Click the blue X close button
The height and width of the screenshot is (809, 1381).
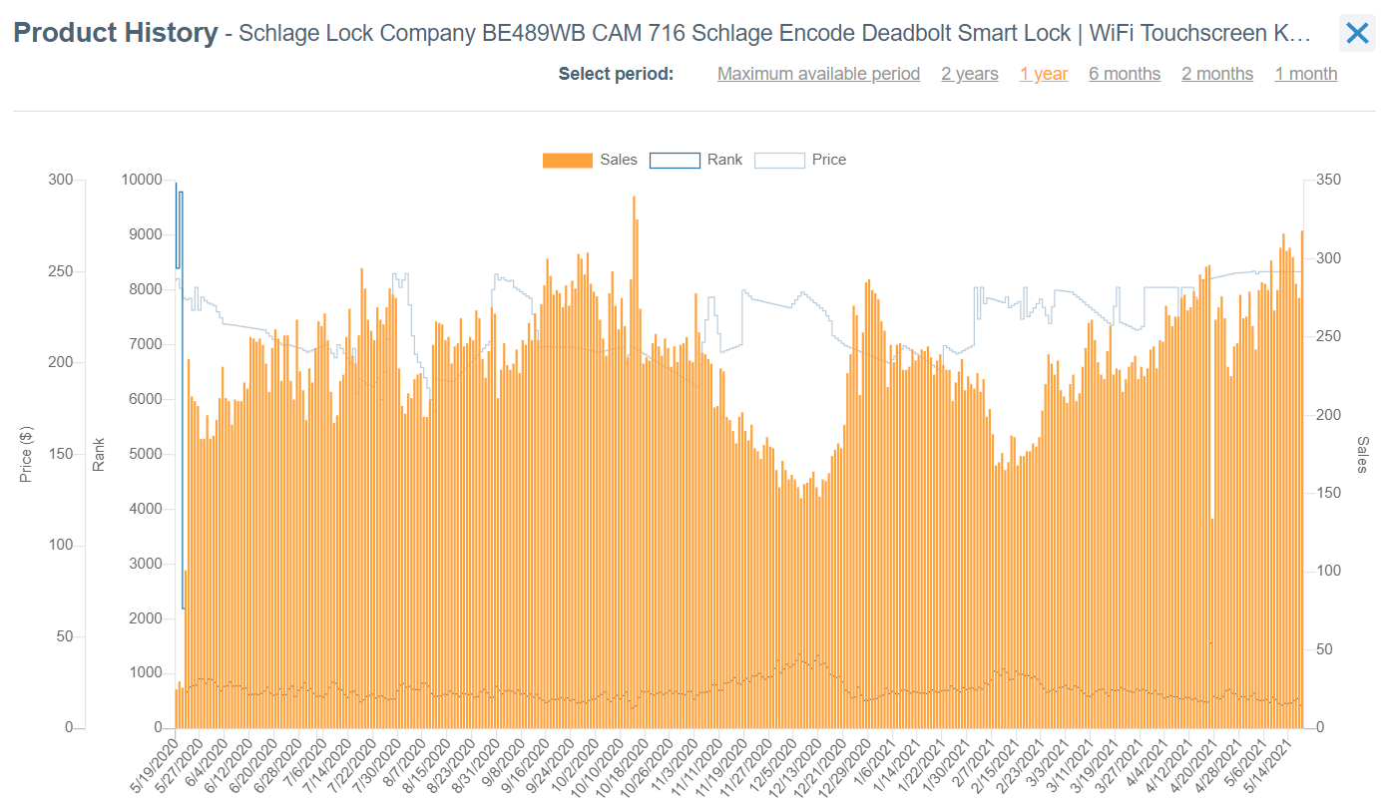coord(1357,34)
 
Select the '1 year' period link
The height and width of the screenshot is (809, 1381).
coord(1044,74)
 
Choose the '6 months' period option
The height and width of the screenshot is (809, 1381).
coord(1125,74)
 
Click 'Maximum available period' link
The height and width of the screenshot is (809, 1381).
coord(818,74)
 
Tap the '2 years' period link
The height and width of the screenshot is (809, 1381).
coord(969,74)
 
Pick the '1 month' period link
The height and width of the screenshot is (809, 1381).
coord(1305,74)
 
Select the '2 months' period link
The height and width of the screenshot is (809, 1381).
coord(1217,74)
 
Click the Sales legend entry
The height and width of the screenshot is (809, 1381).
coord(590,160)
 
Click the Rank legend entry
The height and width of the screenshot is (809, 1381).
coord(696,160)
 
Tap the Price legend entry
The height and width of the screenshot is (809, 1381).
coord(800,160)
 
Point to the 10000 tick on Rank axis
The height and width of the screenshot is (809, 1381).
coord(141,180)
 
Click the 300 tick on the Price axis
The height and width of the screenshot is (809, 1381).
coord(61,180)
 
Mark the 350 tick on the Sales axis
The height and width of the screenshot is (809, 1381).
coord(1328,180)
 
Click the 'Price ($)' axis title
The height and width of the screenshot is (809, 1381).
coord(27,454)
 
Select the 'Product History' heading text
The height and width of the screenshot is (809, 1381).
coord(116,33)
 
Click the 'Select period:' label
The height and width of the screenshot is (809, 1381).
coord(616,74)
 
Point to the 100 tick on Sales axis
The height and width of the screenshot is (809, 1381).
coord(1328,572)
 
